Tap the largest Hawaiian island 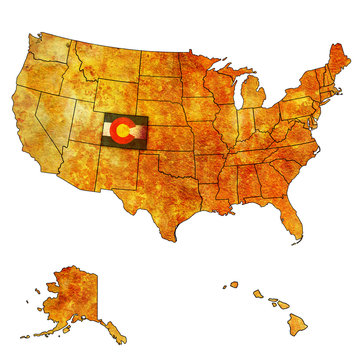pyautogui.click(x=292, y=320)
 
